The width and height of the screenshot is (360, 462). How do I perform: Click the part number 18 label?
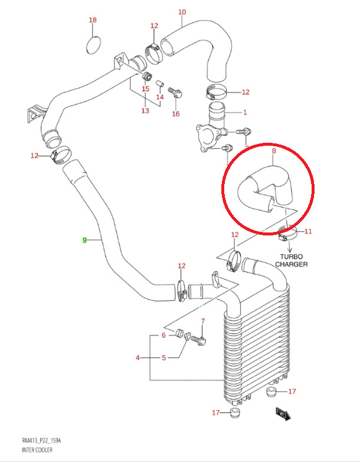93,19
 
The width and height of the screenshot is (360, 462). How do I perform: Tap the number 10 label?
182,12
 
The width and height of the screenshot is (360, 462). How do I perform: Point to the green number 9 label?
84,240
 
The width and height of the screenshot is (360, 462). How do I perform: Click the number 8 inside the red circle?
274,151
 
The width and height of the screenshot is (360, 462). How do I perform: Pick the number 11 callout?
308,231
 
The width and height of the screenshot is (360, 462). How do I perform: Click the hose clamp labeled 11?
287,233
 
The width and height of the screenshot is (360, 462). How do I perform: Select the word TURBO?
291,257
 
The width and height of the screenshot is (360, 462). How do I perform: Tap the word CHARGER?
292,264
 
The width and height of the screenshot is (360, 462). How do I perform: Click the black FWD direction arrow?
283,414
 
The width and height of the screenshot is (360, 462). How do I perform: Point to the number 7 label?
202,321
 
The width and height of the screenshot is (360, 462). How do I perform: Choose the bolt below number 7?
198,340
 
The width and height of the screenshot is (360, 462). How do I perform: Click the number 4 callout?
138,358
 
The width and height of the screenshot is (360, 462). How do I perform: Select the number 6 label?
163,335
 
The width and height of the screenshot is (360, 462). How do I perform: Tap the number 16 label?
176,114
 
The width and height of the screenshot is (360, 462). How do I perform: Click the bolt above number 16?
175,93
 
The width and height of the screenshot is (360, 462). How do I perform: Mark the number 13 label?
145,111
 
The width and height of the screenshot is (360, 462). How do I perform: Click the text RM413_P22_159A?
41,441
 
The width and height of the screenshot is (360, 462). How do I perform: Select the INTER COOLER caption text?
37,450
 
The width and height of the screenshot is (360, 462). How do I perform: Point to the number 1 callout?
245,112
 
